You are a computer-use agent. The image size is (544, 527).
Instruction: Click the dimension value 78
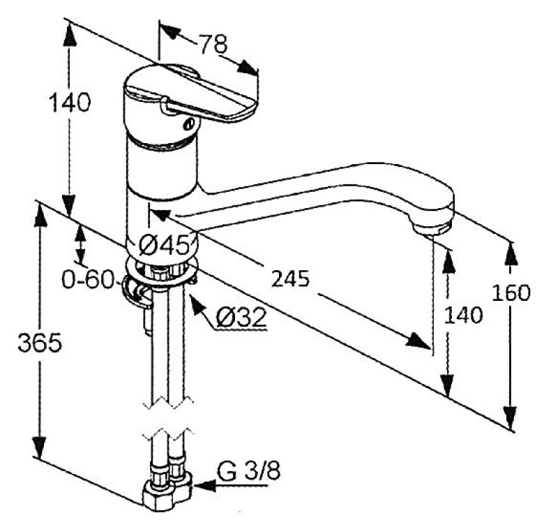(x=213, y=44)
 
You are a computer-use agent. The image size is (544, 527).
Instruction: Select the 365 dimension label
(x=40, y=342)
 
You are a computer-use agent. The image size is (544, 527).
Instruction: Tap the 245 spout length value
(x=290, y=279)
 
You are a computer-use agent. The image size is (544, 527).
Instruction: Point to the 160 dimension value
(x=511, y=292)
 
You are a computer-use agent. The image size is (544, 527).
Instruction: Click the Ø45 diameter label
(x=165, y=246)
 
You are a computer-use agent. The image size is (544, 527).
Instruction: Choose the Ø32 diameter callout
(x=241, y=317)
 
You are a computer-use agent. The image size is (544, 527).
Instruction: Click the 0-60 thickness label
(x=88, y=279)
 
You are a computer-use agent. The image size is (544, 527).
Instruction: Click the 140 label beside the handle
(x=70, y=103)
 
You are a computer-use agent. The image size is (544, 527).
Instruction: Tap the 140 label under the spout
(x=464, y=316)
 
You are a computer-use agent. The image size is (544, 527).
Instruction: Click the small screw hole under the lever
(x=188, y=124)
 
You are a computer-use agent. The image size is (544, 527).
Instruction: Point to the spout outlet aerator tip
(x=431, y=230)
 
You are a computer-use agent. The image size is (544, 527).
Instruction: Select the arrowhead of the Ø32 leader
(x=196, y=303)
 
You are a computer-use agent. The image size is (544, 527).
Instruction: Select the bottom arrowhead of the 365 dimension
(x=40, y=447)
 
